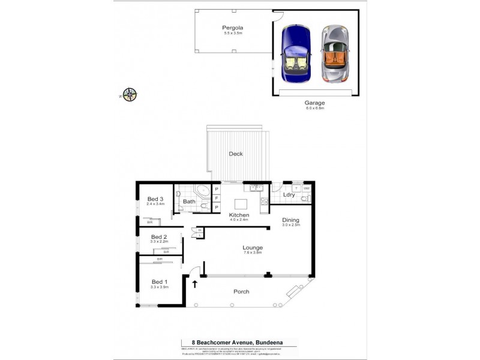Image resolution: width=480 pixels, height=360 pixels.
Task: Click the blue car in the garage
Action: (297, 54)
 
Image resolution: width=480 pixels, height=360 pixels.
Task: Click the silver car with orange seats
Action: (336, 54)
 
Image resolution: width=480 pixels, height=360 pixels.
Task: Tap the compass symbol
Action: (129, 94)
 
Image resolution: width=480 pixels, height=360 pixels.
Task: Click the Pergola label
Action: (232, 28)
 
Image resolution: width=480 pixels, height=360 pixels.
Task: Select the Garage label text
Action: (314, 103)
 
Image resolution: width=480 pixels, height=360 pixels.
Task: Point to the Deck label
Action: (236, 154)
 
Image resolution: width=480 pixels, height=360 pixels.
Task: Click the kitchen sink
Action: (256, 188)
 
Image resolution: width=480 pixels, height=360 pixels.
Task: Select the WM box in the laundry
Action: (306, 188)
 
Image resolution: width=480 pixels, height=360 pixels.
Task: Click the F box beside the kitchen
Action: (216, 199)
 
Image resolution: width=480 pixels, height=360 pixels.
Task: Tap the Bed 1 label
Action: (159, 282)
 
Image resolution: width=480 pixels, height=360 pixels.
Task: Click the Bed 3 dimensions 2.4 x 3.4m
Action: (155, 204)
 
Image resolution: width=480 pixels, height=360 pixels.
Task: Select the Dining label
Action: (291, 220)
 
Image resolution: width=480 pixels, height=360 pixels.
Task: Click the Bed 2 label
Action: (159, 236)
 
